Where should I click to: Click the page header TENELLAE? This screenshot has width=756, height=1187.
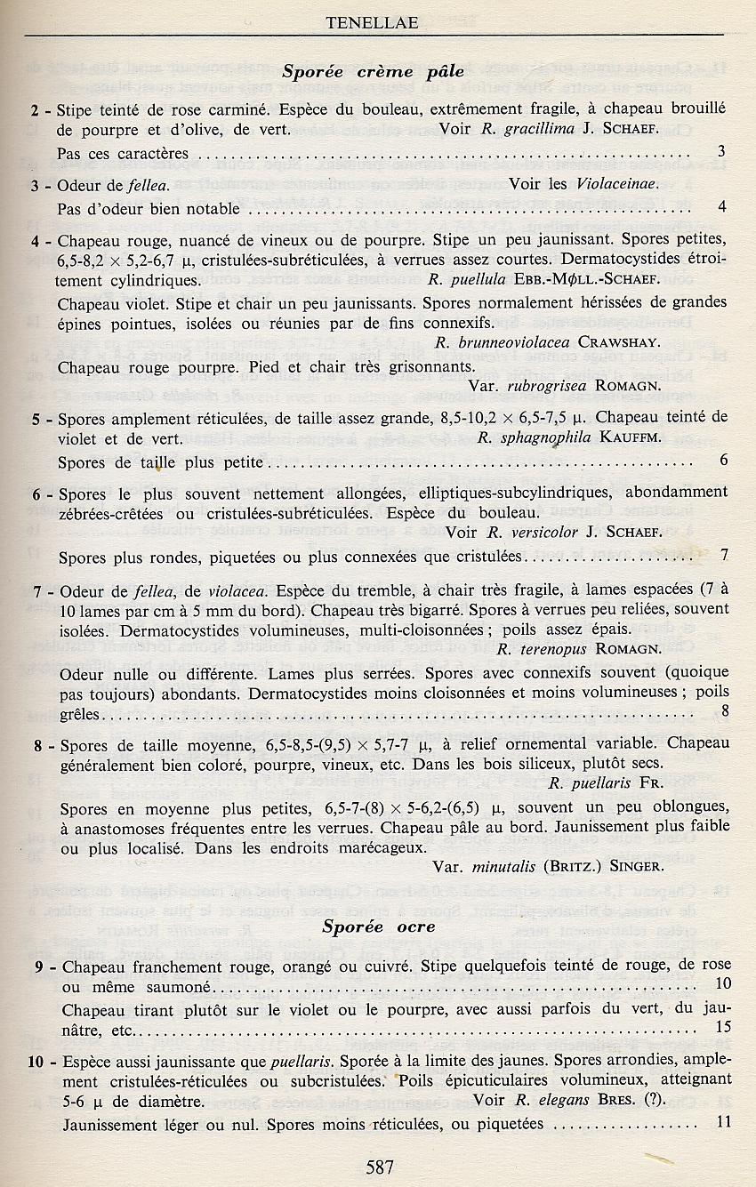tap(372, 24)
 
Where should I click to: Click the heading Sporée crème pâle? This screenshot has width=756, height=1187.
tap(373, 72)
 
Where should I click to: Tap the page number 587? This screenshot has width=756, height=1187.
tap(379, 1167)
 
